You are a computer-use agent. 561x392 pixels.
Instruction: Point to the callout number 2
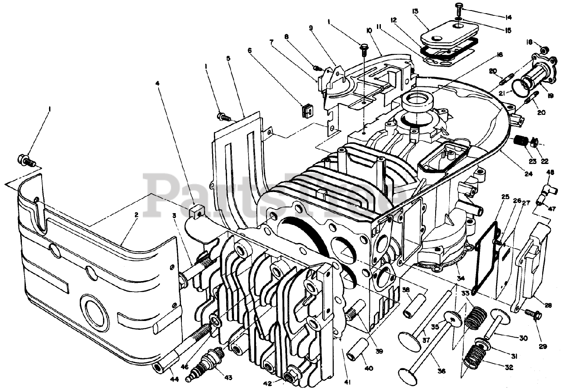point(136,215)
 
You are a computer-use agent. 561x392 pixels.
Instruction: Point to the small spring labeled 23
point(519,142)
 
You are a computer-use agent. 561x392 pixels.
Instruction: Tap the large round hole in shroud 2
point(94,310)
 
